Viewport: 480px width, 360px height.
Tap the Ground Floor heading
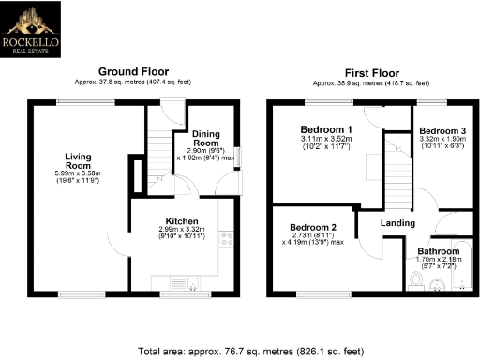pyautogui.click(x=136, y=71)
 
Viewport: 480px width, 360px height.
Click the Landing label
pyautogui.click(x=397, y=222)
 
